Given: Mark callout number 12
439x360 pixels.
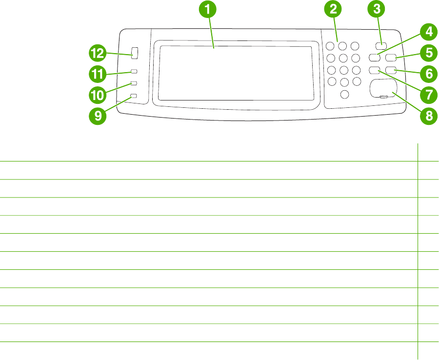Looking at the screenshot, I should [98, 53].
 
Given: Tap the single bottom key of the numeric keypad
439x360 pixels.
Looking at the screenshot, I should [345, 94].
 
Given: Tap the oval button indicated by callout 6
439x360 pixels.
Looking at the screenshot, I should [391, 71].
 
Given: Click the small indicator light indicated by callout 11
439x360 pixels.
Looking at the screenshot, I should [134, 71].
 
